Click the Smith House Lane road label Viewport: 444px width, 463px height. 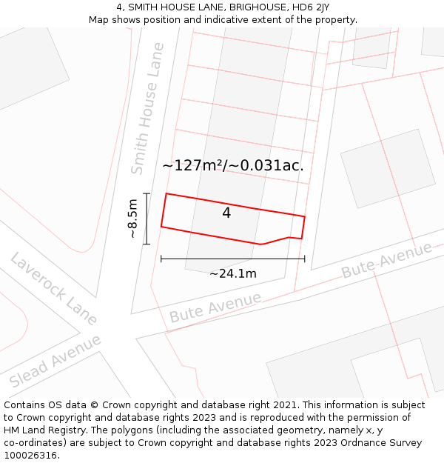click(147, 108)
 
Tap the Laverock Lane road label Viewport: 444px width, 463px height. click(53, 289)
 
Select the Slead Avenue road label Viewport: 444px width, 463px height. click(55, 362)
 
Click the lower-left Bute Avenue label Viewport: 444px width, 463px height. click(215, 307)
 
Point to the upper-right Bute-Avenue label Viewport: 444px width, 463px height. click(386, 260)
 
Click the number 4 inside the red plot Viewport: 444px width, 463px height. click(226, 213)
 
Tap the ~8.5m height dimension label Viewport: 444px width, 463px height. click(132, 219)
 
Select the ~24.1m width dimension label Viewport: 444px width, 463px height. click(232, 273)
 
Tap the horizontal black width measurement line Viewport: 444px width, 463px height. click(232, 259)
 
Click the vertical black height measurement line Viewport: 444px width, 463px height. click(147, 219)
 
